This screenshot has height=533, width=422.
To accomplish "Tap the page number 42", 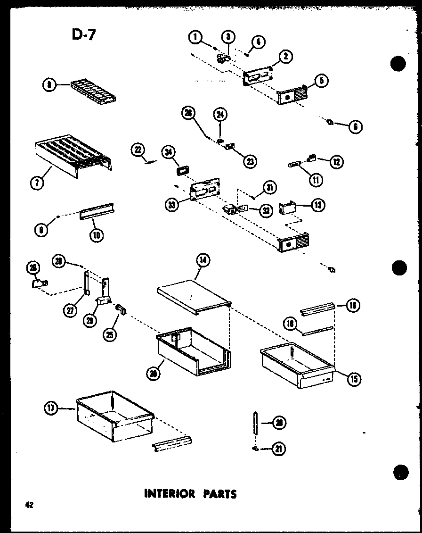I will (30, 505).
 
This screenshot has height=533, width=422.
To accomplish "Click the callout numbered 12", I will (336, 161).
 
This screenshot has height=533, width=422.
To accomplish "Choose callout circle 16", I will (353, 306).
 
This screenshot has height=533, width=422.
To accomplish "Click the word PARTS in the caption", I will (220, 494).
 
